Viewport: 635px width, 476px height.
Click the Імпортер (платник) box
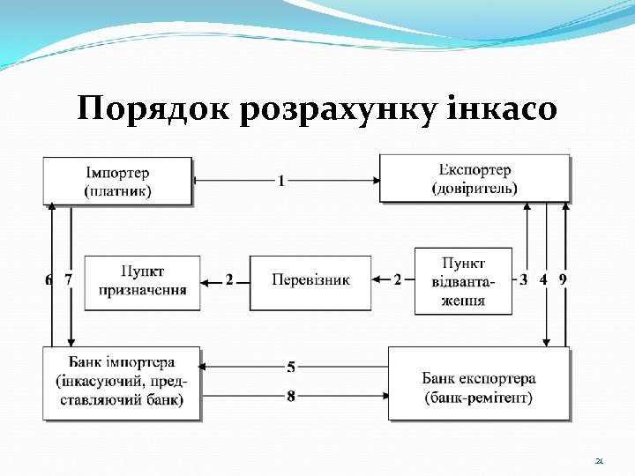point(117,180)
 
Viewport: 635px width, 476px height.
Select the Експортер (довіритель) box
point(474,178)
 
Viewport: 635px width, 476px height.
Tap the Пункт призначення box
point(142,281)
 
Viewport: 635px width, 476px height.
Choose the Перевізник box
point(310,281)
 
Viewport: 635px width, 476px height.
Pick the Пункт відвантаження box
point(463,280)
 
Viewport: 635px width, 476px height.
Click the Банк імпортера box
point(121,383)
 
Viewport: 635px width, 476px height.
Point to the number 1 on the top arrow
point(281,181)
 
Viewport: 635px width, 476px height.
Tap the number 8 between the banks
point(291,397)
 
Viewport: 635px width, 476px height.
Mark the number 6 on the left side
point(49,280)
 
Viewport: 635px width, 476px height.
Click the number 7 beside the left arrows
point(68,280)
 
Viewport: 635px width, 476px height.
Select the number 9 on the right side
point(564,279)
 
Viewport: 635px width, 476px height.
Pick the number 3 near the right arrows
point(525,279)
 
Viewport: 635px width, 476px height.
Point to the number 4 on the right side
point(544,279)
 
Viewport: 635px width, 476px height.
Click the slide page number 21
point(599,460)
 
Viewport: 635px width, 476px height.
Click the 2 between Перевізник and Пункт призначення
point(229,280)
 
